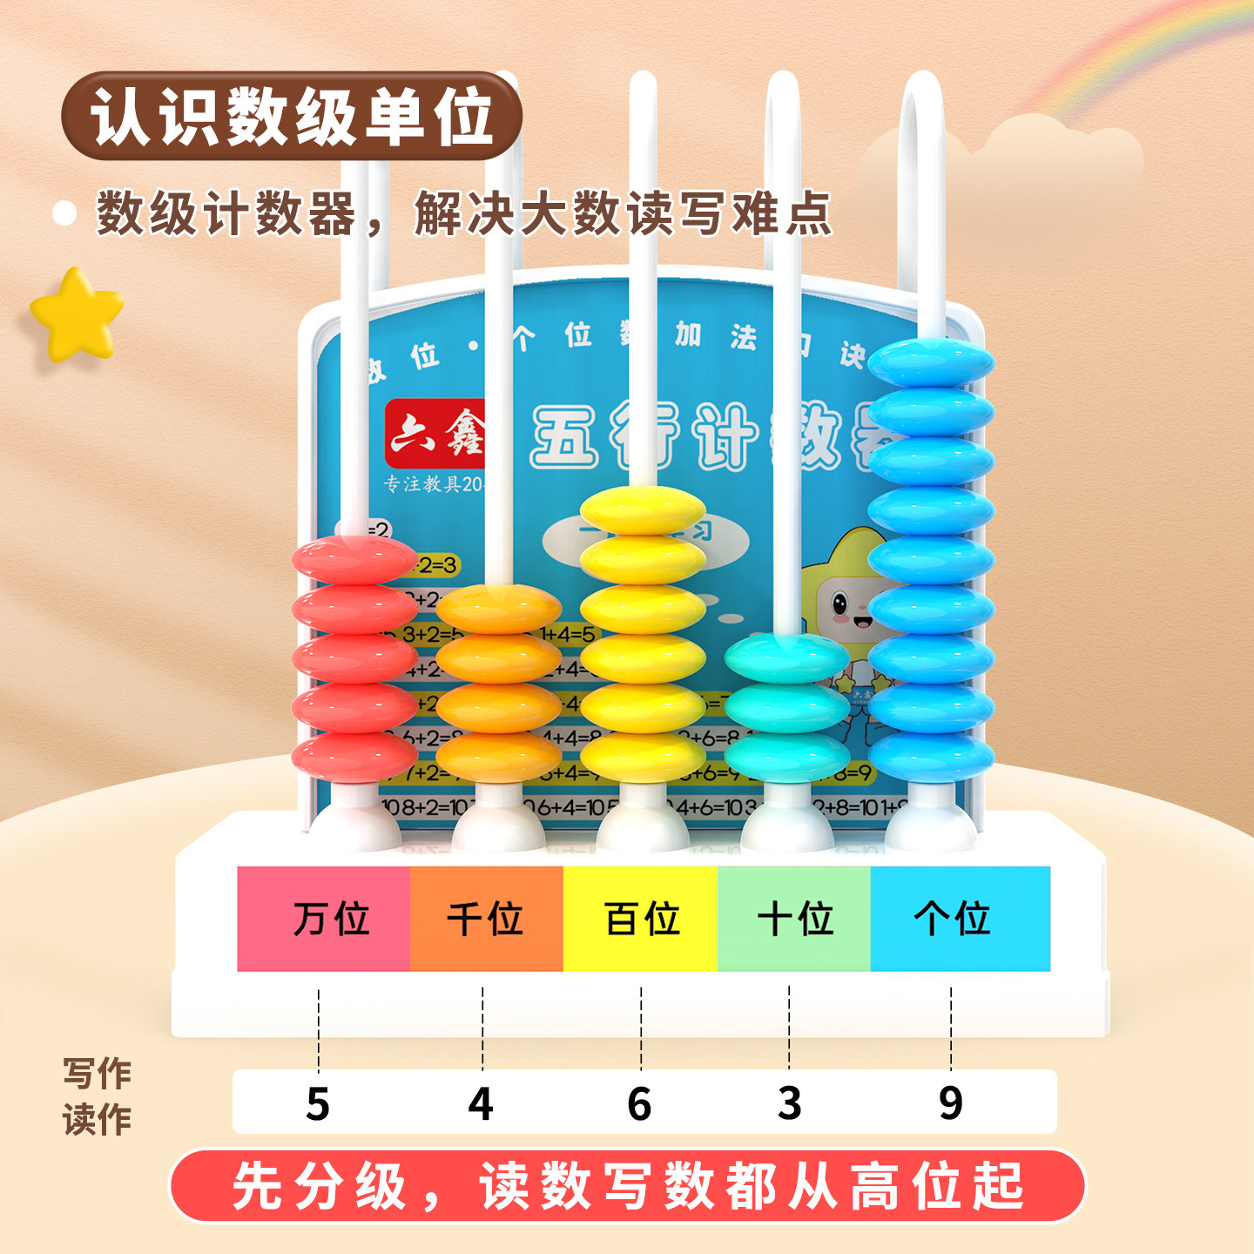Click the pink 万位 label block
(x=323, y=919)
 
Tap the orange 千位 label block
(x=486, y=919)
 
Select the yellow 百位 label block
(x=641, y=919)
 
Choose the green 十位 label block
(x=794, y=919)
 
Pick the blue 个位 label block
(x=960, y=919)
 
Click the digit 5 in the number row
(x=318, y=1103)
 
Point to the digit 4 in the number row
(x=481, y=1103)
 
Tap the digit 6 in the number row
(x=639, y=1103)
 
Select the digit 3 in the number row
(x=789, y=1103)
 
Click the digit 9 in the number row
(x=951, y=1103)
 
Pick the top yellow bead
(x=643, y=509)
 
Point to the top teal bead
(x=786, y=658)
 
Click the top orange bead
(x=498, y=609)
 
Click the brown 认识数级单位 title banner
(x=292, y=116)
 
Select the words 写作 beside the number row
(x=97, y=1074)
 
